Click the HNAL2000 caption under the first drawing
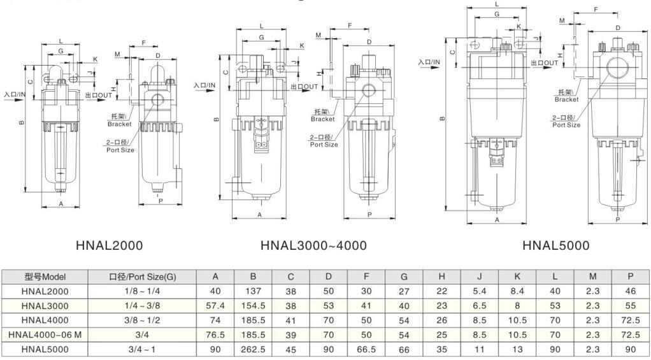point(109,245)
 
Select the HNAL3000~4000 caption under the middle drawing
point(313,245)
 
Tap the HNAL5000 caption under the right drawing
point(555,245)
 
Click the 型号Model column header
point(45,277)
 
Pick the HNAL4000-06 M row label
point(45,335)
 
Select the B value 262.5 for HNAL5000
point(253,349)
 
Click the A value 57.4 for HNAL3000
point(215,306)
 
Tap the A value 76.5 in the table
point(215,335)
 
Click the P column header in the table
point(630,277)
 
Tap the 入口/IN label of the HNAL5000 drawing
point(429,62)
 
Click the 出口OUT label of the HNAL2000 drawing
point(98,95)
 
